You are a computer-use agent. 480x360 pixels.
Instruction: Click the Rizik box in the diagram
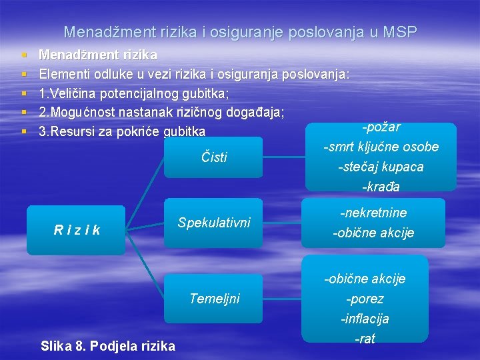(x=77, y=230)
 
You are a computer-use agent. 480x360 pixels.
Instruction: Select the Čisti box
(x=213, y=157)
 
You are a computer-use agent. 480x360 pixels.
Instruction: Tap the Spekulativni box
(x=213, y=223)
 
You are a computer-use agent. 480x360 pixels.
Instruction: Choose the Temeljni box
(x=213, y=298)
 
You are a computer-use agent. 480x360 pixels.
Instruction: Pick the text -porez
(x=365, y=299)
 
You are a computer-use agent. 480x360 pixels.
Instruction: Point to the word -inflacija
(x=365, y=319)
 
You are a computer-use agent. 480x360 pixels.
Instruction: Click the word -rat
(x=365, y=339)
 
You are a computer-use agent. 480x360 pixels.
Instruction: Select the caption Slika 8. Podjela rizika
(x=108, y=345)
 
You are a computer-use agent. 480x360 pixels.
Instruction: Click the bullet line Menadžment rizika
(x=98, y=54)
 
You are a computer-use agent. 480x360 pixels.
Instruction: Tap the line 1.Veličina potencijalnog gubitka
(x=134, y=93)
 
